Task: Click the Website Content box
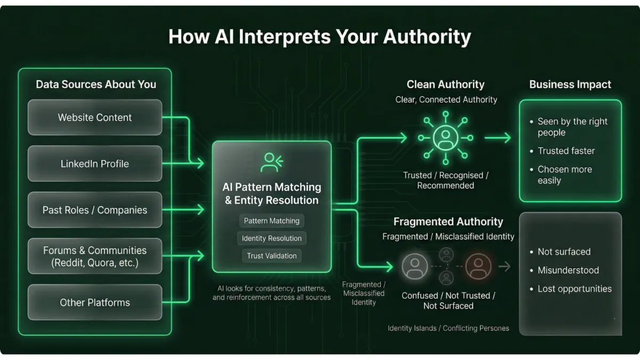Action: coord(95,117)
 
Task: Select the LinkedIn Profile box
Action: coord(95,164)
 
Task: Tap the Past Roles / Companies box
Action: coord(95,210)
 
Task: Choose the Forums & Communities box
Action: coord(95,257)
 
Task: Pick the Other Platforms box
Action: coord(95,302)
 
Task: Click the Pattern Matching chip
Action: coord(271,221)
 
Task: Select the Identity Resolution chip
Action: coord(271,238)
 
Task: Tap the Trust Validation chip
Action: coord(271,256)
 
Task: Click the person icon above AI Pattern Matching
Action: coord(271,162)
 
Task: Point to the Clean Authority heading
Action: coord(445,84)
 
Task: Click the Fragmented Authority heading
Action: coord(448,221)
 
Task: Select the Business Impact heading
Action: coord(570,84)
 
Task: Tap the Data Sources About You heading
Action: coord(96,84)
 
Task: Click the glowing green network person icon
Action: coord(445,138)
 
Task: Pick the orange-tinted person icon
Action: coord(478,266)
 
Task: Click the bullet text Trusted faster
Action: coord(566,151)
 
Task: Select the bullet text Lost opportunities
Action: coord(574,289)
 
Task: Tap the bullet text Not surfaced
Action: coord(564,252)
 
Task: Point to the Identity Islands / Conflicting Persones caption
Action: coord(448,328)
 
